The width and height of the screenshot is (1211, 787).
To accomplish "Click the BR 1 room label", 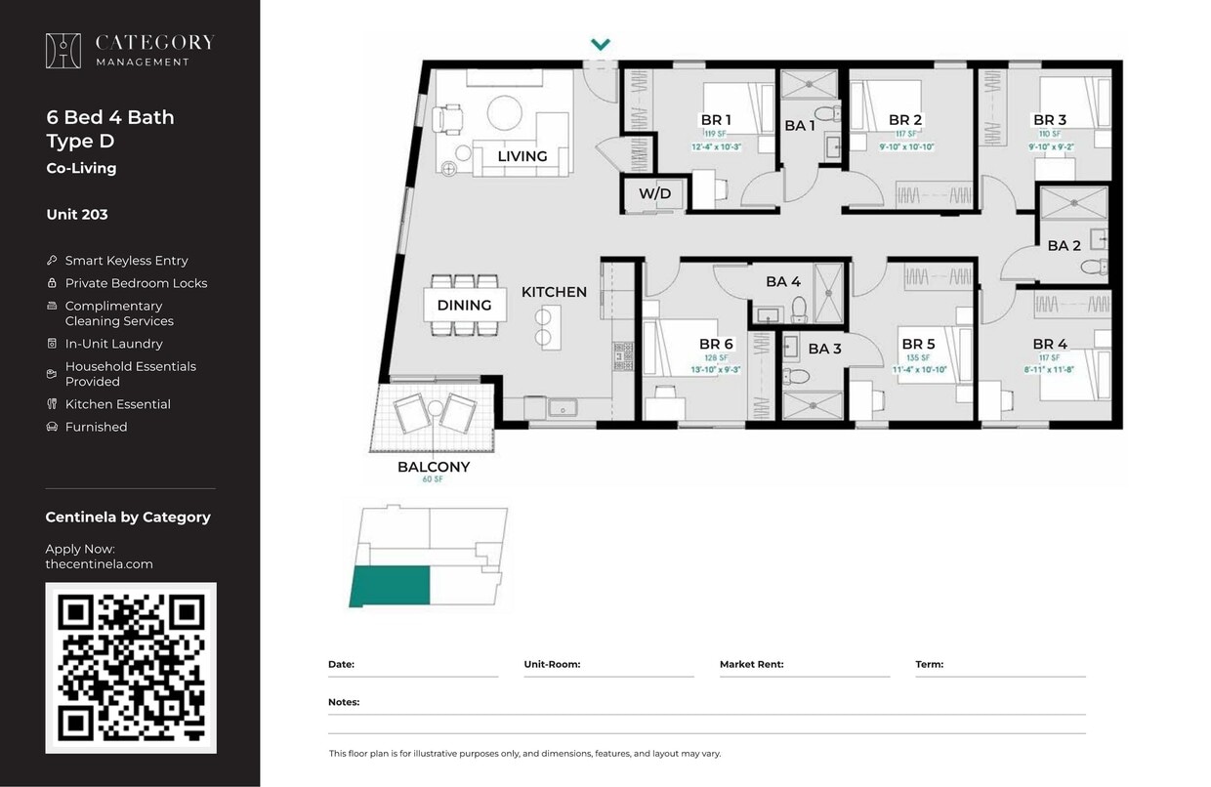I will [x=716, y=120].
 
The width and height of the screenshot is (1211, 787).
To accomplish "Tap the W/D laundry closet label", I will [x=654, y=193].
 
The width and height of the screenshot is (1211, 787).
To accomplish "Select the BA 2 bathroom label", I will [x=1064, y=245].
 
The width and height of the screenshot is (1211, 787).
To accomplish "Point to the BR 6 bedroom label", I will [x=716, y=344].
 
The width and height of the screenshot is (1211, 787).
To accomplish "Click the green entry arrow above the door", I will [x=601, y=44].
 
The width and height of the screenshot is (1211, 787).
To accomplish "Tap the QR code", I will [x=131, y=668].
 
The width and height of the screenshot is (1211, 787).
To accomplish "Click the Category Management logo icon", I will [x=63, y=51].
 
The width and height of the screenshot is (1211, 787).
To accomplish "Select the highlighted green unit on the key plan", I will [x=391, y=585].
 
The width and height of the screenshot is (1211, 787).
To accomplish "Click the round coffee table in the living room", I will [x=506, y=112].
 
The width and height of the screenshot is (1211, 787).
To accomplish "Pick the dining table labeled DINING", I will [x=465, y=305].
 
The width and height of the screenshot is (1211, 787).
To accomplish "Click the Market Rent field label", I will [x=751, y=664].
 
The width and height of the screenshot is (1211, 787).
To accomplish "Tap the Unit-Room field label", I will [x=552, y=664].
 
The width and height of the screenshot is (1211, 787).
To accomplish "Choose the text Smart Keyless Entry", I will [x=126, y=261].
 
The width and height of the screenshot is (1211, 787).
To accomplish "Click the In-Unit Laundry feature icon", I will [x=52, y=344].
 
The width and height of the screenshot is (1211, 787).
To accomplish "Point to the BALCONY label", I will [x=433, y=467].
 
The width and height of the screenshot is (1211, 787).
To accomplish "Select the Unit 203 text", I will [x=77, y=214].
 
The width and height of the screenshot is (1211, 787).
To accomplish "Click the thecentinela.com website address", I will [x=99, y=563].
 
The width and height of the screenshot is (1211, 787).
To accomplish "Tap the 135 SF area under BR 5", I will [x=918, y=357].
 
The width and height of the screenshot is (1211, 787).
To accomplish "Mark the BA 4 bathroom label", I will [x=782, y=281].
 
